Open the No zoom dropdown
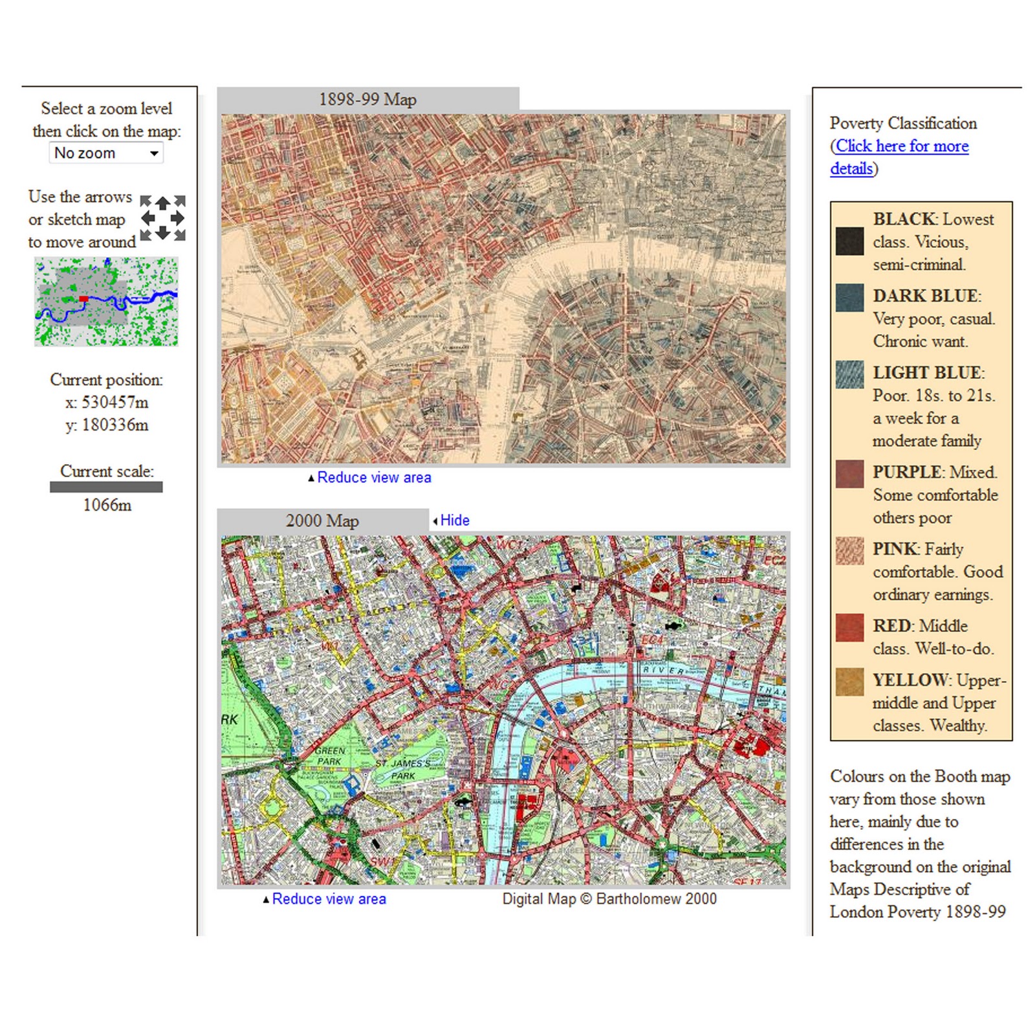[x=106, y=153]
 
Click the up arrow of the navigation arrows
[x=163, y=203]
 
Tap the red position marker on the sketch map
[x=83, y=298]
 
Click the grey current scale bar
[x=106, y=487]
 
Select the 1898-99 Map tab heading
[x=367, y=100]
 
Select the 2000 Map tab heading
[x=322, y=521]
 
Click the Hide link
[x=454, y=520]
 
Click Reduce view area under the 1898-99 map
[x=374, y=478]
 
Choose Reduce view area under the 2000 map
[x=329, y=899]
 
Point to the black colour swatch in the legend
[x=849, y=241]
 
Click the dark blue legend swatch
[x=849, y=298]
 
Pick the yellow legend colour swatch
[x=849, y=682]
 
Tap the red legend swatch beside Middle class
[x=849, y=627]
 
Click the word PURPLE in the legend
[x=902, y=472]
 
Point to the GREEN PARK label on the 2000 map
[x=331, y=756]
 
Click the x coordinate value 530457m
[x=114, y=403]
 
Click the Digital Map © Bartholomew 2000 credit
[x=609, y=899]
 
